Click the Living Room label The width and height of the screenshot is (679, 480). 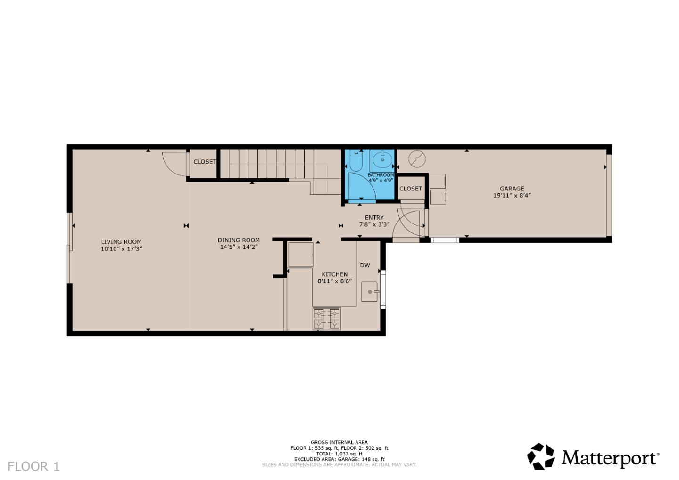point(121,242)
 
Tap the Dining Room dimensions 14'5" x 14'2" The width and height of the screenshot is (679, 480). point(239,247)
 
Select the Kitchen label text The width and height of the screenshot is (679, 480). point(334,274)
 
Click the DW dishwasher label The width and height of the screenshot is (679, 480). point(365,265)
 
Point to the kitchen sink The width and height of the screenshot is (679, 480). point(370,292)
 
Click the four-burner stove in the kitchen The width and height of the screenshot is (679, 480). point(327,318)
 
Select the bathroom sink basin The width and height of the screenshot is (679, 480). point(382,160)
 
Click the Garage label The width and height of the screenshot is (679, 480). point(512,189)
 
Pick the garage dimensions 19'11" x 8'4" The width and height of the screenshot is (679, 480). point(512,195)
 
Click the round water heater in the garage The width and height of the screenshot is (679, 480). point(416,158)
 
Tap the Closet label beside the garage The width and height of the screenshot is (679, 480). point(410,189)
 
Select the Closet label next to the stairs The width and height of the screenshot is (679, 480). point(205,162)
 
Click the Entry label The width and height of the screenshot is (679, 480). point(374,218)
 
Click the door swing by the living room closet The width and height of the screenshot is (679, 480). point(173,164)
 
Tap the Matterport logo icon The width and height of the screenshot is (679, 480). point(540,456)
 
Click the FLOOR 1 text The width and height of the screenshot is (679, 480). point(33,466)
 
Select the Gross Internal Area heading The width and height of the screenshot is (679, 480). point(339,443)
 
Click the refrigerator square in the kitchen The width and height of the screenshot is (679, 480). point(300,255)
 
